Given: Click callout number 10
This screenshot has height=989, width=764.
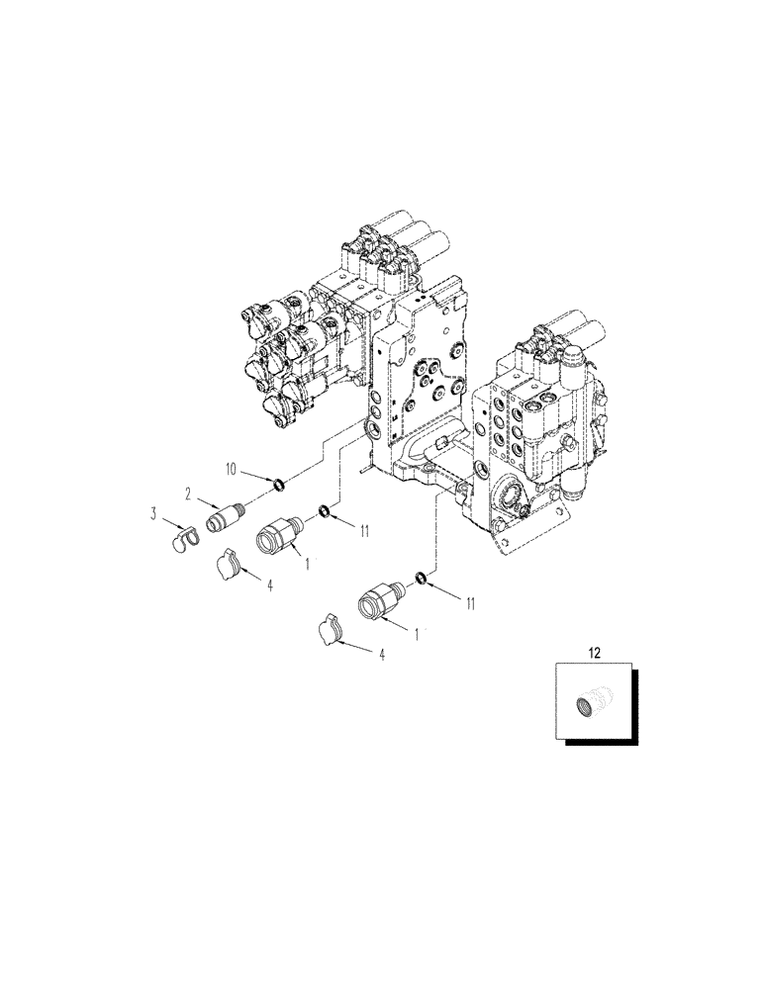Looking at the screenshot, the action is (x=231, y=469).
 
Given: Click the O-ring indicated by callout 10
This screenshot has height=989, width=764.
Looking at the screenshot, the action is (x=277, y=485).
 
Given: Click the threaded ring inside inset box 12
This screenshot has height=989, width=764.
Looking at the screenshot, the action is (x=587, y=705).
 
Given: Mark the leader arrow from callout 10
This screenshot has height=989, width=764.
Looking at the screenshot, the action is (x=255, y=477).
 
